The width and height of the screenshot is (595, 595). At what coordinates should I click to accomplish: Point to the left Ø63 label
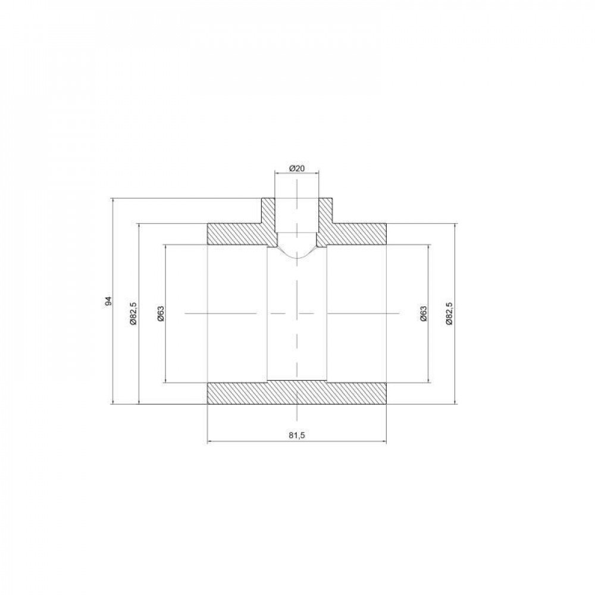pyautogui.click(x=161, y=313)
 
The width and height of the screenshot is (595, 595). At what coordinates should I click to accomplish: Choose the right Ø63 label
pyautogui.click(x=422, y=313)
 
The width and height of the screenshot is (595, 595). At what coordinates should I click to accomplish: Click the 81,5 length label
pyautogui.click(x=296, y=436)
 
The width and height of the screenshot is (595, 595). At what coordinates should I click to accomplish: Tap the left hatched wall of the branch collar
pyautogui.click(x=268, y=211)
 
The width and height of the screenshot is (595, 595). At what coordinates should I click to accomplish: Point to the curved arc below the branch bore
pyautogui.click(x=296, y=256)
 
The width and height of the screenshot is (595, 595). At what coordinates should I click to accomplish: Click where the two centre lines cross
pyautogui.click(x=296, y=312)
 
